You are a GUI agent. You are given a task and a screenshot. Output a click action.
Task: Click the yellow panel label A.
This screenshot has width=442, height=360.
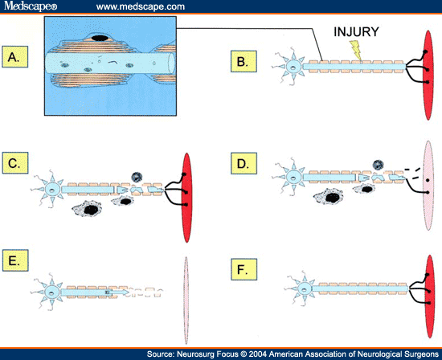pyautogui.click(x=15, y=57)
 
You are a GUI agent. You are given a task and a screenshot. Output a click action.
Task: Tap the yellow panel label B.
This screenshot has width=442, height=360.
pyautogui.click(x=244, y=61)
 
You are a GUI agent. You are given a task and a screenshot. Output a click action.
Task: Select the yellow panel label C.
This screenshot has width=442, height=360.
pyautogui.click(x=15, y=163)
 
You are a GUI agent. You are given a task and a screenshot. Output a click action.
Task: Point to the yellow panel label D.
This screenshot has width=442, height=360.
pyautogui.click(x=244, y=163)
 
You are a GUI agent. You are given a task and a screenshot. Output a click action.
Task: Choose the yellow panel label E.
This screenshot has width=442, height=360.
pyautogui.click(x=15, y=260)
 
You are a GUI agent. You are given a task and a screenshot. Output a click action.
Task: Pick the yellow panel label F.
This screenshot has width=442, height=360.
pyautogui.click(x=244, y=269)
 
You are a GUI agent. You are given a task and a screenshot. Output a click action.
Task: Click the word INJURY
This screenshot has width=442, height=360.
pyautogui.click(x=356, y=32)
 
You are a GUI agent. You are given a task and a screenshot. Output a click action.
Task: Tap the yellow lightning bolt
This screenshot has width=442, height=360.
pyautogui.click(x=356, y=50)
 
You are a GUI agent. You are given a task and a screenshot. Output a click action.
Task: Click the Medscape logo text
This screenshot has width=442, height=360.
pyautogui.click(x=31, y=6)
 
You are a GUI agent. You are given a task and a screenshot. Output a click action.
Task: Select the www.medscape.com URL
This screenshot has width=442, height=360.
pyautogui.click(x=141, y=6)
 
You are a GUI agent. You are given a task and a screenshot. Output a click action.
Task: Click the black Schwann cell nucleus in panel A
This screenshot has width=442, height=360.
pyautogui.click(x=100, y=38)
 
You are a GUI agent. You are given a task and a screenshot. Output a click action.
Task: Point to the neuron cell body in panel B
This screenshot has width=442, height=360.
pyautogui.click(x=293, y=67)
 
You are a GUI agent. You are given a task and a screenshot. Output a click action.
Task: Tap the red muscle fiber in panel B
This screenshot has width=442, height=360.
pyautogui.click(x=428, y=76)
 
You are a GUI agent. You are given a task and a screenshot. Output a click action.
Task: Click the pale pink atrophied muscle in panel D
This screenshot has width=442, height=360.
pyautogui.click(x=428, y=186)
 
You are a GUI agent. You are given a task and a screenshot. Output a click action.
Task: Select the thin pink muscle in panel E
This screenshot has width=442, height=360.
pyautogui.click(x=186, y=301)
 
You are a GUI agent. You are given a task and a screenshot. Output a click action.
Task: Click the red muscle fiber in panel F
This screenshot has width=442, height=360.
pyautogui.click(x=430, y=297)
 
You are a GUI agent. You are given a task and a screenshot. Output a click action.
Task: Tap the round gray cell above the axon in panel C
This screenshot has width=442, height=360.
pyautogui.click(x=137, y=177)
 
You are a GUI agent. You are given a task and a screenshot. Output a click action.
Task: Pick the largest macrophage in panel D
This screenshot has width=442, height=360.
pyautogui.click(x=329, y=197)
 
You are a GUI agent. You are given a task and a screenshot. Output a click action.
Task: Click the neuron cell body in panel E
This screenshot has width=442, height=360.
pyautogui.click(x=51, y=292)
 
